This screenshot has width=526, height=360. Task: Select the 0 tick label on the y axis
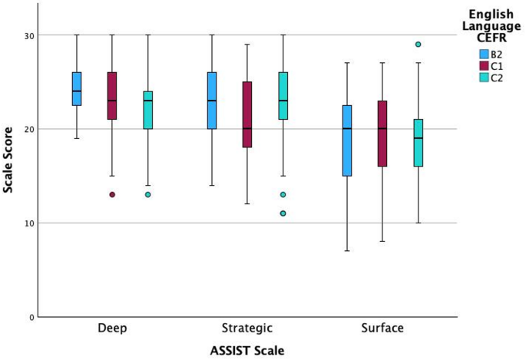pos(30,317)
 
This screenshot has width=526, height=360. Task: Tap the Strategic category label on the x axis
pos(247,329)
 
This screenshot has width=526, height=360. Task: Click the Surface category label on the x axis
pos(382,329)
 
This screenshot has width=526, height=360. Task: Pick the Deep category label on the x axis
pos(113,329)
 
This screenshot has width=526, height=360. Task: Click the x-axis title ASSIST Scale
pos(248,350)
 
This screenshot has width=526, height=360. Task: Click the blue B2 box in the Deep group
pos(77,89)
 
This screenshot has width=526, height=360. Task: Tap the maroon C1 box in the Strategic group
pos(247,114)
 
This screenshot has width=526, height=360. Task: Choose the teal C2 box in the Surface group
pos(418,143)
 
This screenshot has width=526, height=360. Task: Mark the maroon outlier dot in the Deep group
pos(112,195)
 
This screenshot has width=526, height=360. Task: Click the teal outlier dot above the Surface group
pos(418,45)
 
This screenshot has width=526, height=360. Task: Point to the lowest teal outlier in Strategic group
pos(283,213)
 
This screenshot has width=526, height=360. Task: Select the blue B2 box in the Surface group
pos(347,140)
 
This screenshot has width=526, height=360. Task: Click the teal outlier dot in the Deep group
pos(148,195)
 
